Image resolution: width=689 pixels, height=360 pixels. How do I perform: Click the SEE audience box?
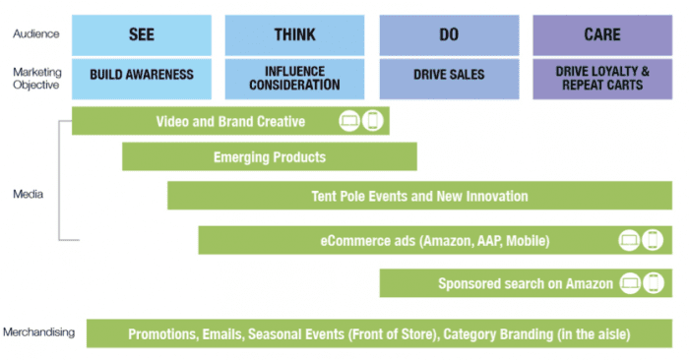click(141, 34)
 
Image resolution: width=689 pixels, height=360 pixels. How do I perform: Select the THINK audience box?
click(294, 34)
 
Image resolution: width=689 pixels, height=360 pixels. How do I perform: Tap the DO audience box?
click(449, 34)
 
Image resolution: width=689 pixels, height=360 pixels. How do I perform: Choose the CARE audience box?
click(601, 34)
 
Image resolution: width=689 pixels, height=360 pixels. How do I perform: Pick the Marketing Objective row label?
click(35, 77)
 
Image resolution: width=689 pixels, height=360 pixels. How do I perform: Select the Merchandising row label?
click(38, 331)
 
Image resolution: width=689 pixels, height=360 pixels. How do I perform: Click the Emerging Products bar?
click(269, 156)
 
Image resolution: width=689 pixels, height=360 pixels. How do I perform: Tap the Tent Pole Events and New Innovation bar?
click(419, 196)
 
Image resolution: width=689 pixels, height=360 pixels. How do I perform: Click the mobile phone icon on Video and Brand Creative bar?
click(373, 122)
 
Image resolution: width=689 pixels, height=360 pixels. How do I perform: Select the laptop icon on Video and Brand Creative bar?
click(350, 122)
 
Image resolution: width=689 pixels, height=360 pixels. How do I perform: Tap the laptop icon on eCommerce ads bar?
click(629, 240)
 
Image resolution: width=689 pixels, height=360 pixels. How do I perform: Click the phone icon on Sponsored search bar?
click(652, 283)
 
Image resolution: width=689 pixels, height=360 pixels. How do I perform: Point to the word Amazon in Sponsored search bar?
click(589, 283)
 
